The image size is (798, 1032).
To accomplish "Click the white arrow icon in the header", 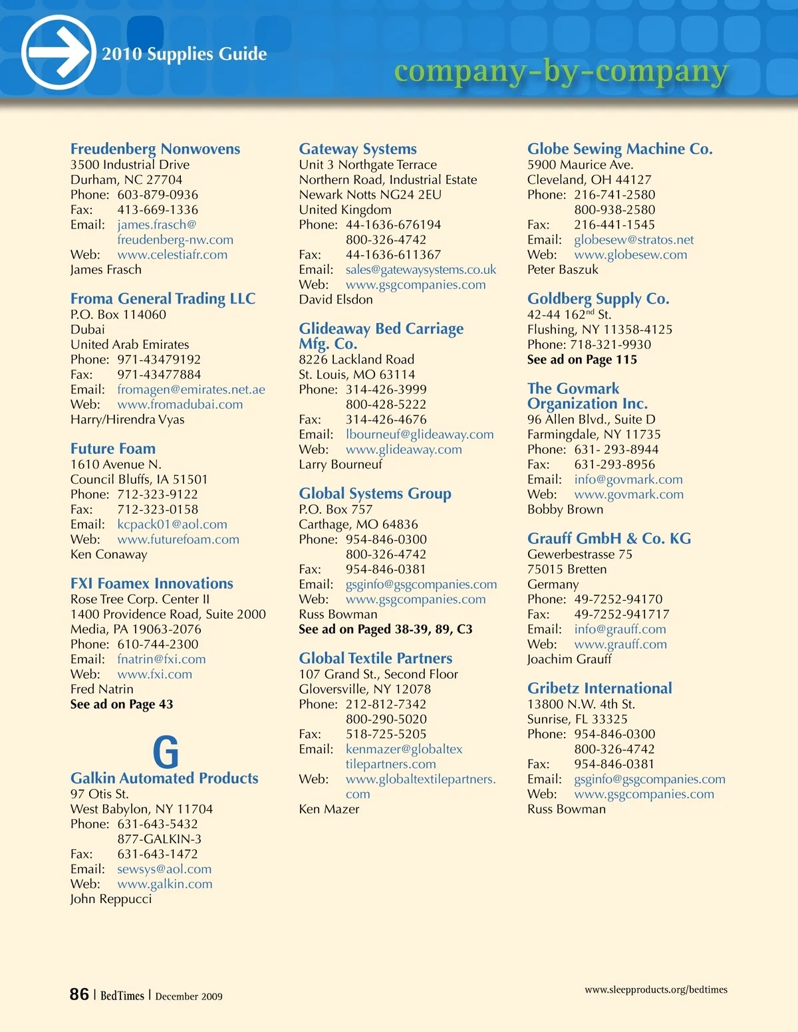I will tap(59, 52).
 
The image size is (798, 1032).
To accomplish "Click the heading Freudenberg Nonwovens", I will tap(155, 149).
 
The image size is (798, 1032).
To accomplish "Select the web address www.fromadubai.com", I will tap(180, 404).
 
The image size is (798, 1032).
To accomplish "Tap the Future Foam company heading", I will tap(113, 449).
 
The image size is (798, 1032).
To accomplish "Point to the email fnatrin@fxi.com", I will tap(162, 659).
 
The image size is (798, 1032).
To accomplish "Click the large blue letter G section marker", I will tap(166, 752).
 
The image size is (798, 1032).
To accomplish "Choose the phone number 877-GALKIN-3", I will tap(160, 839).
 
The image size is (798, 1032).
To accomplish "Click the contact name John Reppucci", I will tap(111, 899).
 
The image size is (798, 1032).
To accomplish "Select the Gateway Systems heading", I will tap(358, 149).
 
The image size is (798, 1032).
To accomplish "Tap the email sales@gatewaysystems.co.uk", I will tap(421, 270).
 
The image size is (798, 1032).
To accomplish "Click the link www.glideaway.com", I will tap(404, 449).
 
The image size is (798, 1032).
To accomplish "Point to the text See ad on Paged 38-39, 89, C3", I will tap(386, 629).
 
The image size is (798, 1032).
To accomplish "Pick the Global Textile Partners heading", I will tap(376, 658).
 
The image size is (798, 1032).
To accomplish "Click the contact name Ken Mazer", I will tap(329, 809).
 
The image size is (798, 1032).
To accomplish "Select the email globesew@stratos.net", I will tap(634, 240).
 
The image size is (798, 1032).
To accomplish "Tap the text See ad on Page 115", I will tap(582, 360).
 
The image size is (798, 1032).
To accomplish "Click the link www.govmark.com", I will tap(628, 494).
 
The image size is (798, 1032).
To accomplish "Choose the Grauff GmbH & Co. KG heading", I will tap(609, 538).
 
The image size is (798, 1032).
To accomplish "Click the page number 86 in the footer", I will tap(79, 994).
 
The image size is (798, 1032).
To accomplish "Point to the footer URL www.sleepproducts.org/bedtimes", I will tap(656, 989).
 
